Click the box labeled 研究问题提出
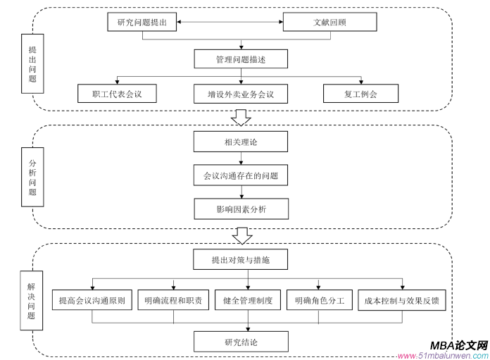[x=142, y=22]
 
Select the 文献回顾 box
[x=329, y=22]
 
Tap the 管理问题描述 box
[x=241, y=59]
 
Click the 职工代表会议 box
[x=116, y=94]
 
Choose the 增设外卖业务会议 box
[x=241, y=94]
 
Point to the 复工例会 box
[x=360, y=94]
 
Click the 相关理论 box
[x=241, y=142]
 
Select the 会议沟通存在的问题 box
[x=241, y=175]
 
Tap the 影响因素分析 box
[x=241, y=209]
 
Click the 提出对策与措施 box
[x=241, y=260]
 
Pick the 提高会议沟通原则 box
[x=92, y=301]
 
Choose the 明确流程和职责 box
[x=172, y=301]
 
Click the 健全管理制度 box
[x=247, y=301]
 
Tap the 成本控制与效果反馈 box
[x=402, y=301]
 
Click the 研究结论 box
[x=241, y=342]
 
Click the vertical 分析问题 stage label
[x=32, y=177]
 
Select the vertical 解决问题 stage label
[x=32, y=302]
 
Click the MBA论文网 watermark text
[x=458, y=346]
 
